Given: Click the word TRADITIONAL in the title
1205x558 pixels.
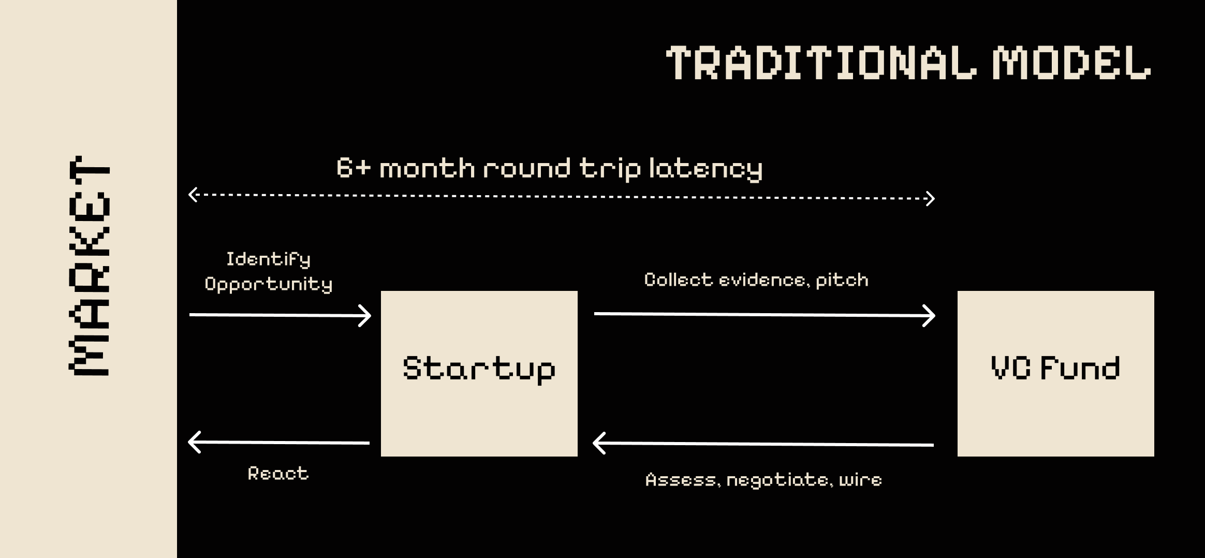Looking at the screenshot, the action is pyautogui.click(x=821, y=63).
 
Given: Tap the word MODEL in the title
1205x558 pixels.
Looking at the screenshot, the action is pyautogui.click(x=1071, y=63).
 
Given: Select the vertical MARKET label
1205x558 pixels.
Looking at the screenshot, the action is pyautogui.click(x=89, y=266).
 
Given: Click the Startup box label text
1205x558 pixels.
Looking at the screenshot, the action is pyautogui.click(x=479, y=369).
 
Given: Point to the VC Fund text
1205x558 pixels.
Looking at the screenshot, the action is pyautogui.click(x=1055, y=369).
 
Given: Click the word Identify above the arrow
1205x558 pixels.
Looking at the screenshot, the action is pyautogui.click(x=268, y=259).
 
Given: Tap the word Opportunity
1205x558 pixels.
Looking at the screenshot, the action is pyautogui.click(x=268, y=284).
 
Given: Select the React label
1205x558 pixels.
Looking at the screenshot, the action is pyautogui.click(x=278, y=473).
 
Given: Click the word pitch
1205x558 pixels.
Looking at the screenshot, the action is pyautogui.click(x=842, y=280).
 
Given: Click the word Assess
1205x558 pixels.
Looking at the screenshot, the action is pyautogui.click(x=681, y=480).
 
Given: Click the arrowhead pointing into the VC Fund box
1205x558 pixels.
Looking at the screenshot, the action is pyautogui.click(x=930, y=316).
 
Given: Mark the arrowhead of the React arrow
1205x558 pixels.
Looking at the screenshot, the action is pyautogui.click(x=194, y=443).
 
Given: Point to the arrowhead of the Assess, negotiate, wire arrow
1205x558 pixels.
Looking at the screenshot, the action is pyautogui.click(x=598, y=444).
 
